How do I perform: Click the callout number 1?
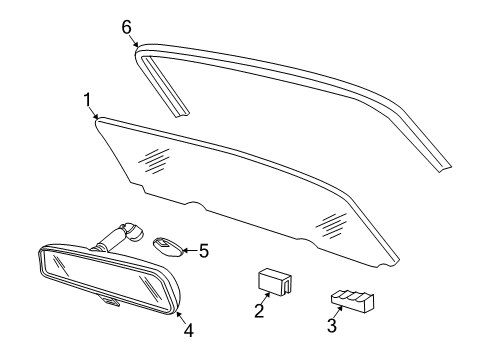click(88, 100)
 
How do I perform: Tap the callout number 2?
click(258, 312)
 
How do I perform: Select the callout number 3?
click(331, 325)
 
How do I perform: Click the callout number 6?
click(127, 27)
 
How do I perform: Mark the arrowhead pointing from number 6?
click(137, 45)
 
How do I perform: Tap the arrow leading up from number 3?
click(339, 311)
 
